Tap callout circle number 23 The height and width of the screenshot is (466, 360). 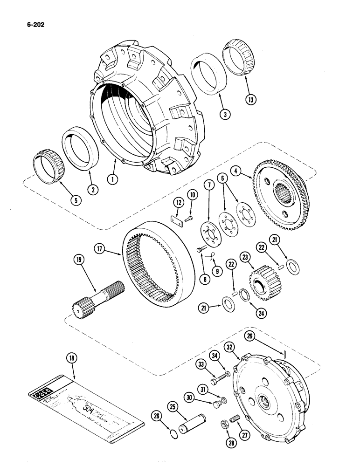(x=244, y=257)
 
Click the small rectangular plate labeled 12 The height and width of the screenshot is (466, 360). (x=175, y=219)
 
